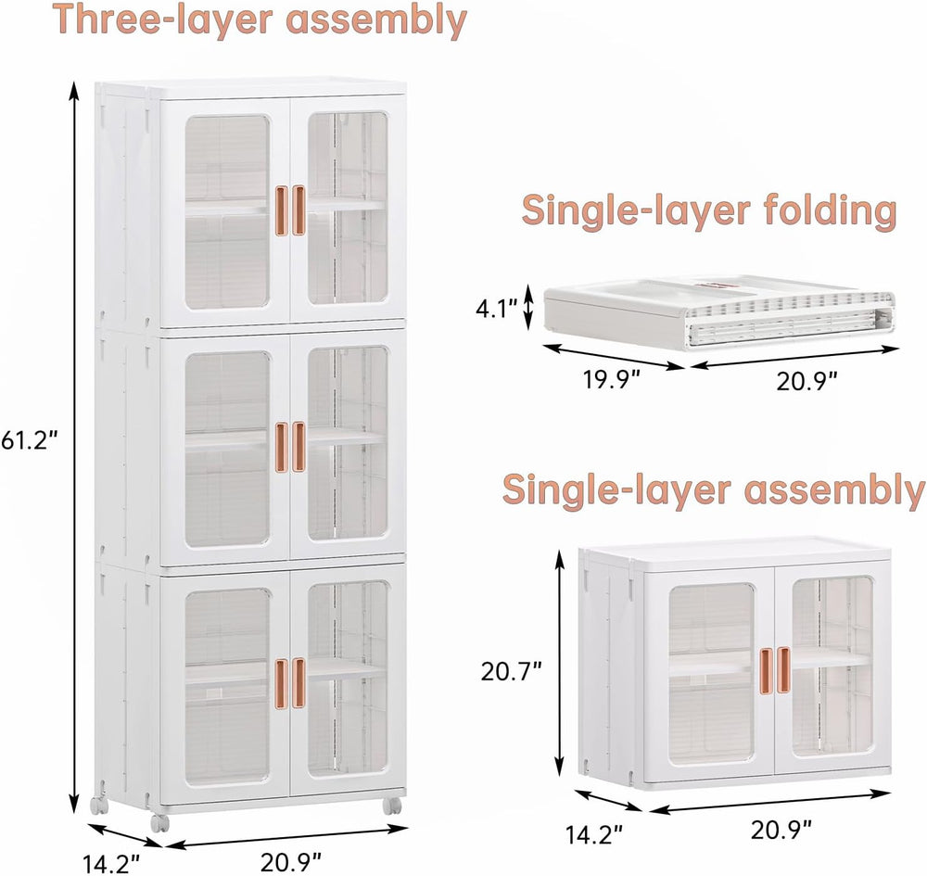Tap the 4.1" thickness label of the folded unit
pyautogui.click(x=497, y=309)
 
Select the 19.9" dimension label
pyautogui.click(x=612, y=380)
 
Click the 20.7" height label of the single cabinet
pyautogui.click(x=511, y=671)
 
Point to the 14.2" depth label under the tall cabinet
pyautogui.click(x=111, y=863)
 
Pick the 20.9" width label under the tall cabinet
pyautogui.click(x=291, y=861)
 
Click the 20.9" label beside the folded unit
pyautogui.click(x=806, y=382)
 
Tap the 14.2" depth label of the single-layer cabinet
pyautogui.click(x=594, y=834)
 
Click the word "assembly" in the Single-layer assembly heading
pyautogui.click(x=834, y=490)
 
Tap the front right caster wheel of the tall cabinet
pyautogui.click(x=391, y=805)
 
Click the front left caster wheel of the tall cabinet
pyautogui.click(x=159, y=822)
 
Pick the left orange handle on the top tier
pyautogui.click(x=281, y=211)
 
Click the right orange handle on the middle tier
pyautogui.click(x=298, y=447)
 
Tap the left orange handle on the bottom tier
pyautogui.click(x=281, y=682)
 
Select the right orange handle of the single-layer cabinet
pyautogui.click(x=783, y=669)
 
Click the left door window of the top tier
pyautogui.click(x=228, y=211)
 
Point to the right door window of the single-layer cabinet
pyautogui.click(x=832, y=667)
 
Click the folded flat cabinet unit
pyautogui.click(x=719, y=311)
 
